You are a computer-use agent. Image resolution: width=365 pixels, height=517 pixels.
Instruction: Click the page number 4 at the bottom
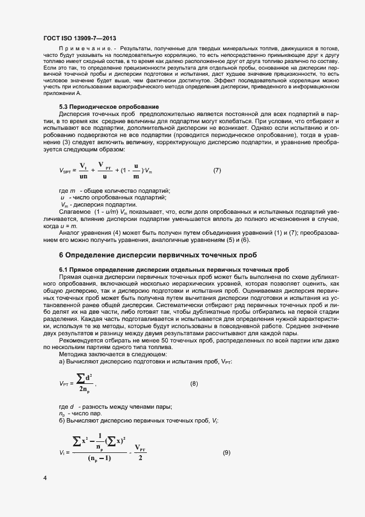pyautogui.click(x=45, y=477)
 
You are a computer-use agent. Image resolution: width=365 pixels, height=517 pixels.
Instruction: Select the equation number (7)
pyautogui.click(x=217, y=171)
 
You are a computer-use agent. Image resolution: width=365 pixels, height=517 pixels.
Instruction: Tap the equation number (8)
pyautogui.click(x=194, y=383)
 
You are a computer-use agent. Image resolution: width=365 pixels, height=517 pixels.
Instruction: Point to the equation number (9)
pyautogui.click(x=226, y=453)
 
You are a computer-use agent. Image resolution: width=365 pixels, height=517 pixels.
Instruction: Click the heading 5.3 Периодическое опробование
pyautogui.click(x=101, y=106)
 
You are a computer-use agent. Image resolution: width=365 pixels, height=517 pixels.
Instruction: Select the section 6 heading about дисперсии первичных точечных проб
pyautogui.click(x=157, y=255)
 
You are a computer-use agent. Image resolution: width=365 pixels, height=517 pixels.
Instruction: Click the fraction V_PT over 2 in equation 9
pyautogui.click(x=140, y=452)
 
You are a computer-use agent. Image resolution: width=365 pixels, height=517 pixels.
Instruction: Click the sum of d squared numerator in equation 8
pyautogui.click(x=85, y=377)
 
